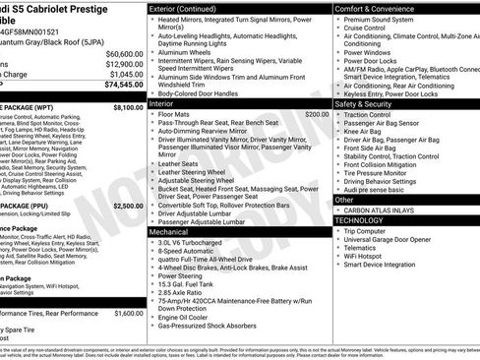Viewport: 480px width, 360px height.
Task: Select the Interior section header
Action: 161,102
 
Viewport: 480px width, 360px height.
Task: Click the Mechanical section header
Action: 169,232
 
